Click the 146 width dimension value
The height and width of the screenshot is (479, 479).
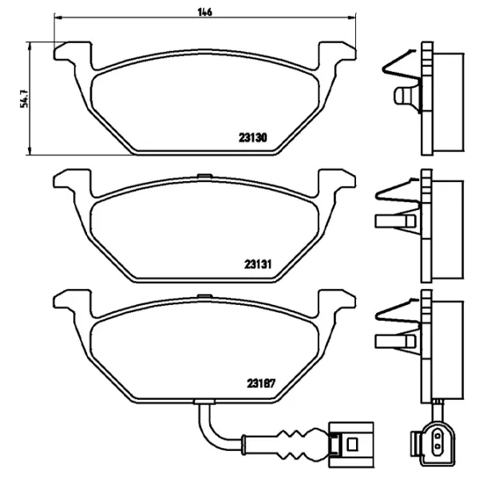pos(204,12)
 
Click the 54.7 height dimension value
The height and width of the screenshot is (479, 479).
pos(24,99)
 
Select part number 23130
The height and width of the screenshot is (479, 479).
pos(252,138)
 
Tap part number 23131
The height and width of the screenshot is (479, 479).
pos(258,264)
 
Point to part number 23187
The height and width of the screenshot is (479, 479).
pos(261,383)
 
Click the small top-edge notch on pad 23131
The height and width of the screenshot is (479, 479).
pos(204,176)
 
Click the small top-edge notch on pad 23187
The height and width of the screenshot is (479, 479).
pos(204,296)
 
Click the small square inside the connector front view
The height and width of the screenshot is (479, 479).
pos(352,444)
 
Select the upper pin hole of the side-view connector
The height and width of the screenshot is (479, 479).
pos(437,435)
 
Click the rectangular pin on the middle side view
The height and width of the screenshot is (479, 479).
pos(396,221)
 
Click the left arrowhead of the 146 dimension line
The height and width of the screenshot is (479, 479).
pos(58,18)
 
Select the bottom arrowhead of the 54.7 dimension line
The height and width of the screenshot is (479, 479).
pos(30,151)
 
